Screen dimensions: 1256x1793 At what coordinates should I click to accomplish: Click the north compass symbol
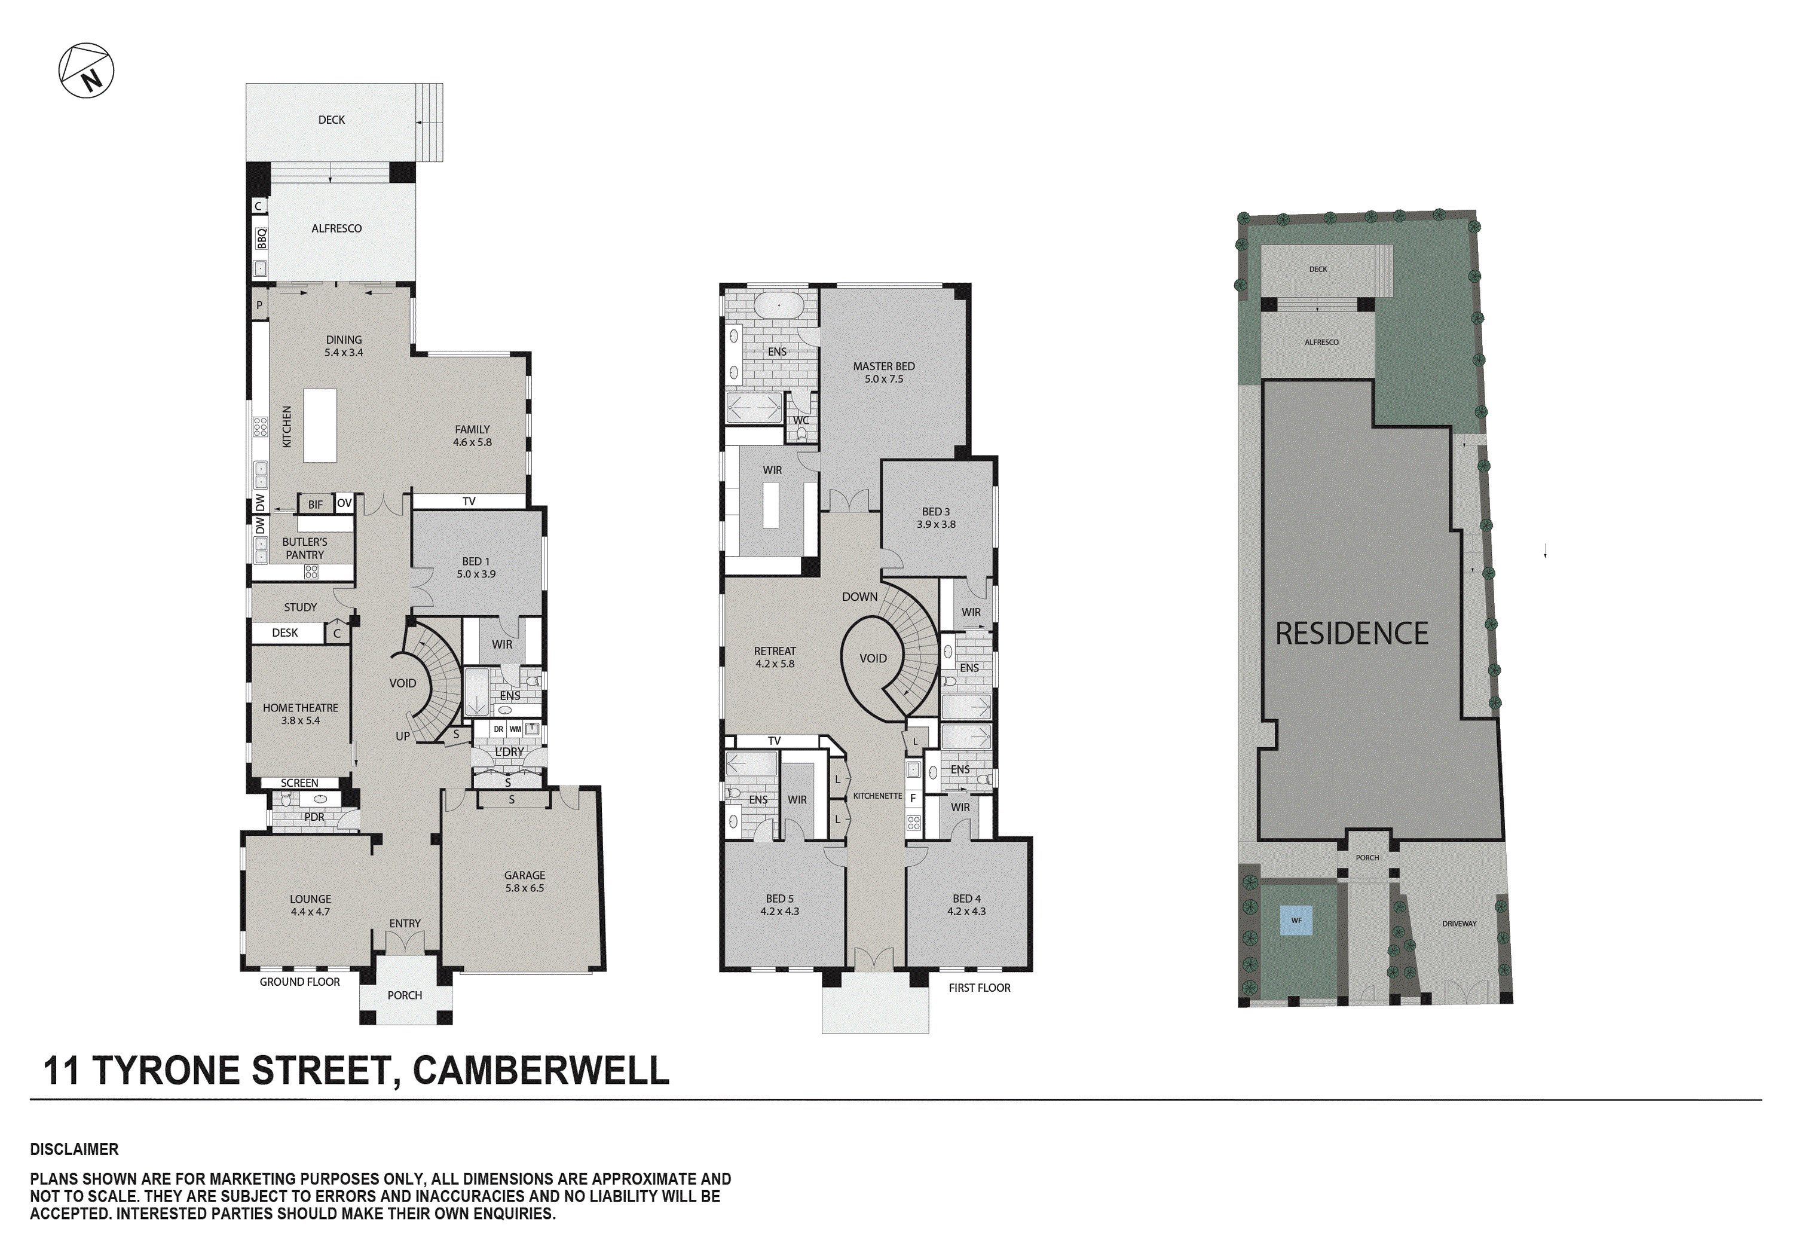click(x=87, y=71)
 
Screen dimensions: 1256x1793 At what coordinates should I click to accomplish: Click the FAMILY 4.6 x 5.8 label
click(x=473, y=436)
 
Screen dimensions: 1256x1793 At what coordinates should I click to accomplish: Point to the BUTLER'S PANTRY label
click(x=305, y=548)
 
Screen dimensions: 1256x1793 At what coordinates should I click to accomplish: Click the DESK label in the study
click(x=285, y=632)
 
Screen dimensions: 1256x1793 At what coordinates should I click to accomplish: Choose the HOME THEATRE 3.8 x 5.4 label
click(x=301, y=714)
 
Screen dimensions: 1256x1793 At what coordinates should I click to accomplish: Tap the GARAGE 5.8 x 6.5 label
click(x=525, y=882)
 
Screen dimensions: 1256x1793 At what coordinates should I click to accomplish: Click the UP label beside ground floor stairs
click(x=403, y=736)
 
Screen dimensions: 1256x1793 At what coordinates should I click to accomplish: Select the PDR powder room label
click(x=314, y=817)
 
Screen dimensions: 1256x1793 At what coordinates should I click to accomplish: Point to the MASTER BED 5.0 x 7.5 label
click(x=884, y=372)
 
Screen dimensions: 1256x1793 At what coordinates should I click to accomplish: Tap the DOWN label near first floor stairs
click(x=860, y=597)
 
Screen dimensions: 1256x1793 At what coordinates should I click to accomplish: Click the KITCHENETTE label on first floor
click(x=878, y=796)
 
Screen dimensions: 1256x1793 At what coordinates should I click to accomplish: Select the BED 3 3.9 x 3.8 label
click(x=937, y=518)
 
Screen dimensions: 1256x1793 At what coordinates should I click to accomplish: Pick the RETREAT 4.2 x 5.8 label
click(x=775, y=658)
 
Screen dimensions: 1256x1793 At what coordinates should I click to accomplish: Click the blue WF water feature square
click(x=1296, y=920)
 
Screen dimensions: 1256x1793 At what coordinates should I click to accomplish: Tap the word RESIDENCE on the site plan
click(x=1352, y=634)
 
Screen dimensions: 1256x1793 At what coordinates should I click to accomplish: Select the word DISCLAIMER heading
click(x=74, y=1149)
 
